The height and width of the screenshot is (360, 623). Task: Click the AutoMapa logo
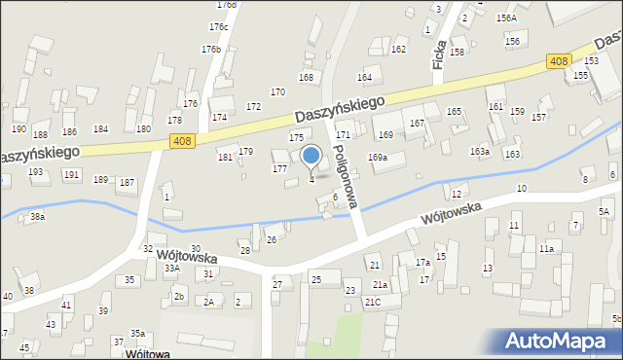[562, 341]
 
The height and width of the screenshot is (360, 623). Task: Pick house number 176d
[227, 5]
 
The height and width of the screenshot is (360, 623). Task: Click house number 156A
[506, 18]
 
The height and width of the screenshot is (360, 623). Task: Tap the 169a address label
[378, 158]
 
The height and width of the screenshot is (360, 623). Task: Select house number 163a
[480, 152]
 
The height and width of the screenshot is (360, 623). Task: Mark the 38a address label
[37, 217]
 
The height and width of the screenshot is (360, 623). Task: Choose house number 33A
[172, 268]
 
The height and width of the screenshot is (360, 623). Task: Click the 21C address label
[373, 302]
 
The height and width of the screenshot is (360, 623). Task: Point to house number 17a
[422, 263]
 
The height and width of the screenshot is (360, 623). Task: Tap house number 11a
[547, 249]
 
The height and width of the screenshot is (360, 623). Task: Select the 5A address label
[605, 211]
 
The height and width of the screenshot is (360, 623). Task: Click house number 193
[36, 172]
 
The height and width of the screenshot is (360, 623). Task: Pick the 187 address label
[127, 183]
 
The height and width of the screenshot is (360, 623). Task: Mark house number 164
[365, 77]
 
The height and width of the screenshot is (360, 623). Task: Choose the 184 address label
[100, 128]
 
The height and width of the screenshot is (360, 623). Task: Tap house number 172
[253, 106]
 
